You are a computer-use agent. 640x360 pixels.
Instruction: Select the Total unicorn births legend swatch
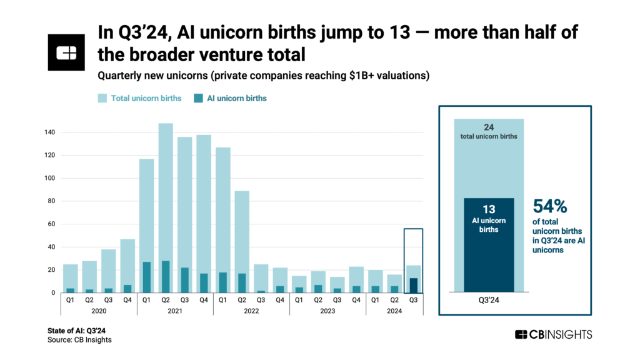[x=102, y=98]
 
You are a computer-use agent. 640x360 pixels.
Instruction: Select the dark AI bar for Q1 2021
[x=147, y=277]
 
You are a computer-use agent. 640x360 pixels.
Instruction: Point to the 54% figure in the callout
[x=551, y=207]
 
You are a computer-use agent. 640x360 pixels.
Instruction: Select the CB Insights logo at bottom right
[x=553, y=334]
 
